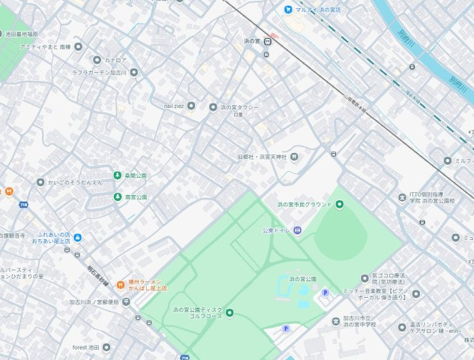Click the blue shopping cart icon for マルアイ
coord(287,9)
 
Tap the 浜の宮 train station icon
coord(267,41)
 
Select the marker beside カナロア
coord(96,59)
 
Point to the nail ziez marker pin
coord(190,106)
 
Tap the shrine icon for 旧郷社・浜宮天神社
coord(294,157)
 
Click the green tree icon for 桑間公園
coord(117,175)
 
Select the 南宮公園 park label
coord(136,196)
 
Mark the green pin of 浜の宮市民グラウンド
coord(339,204)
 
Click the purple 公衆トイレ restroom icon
coord(297,230)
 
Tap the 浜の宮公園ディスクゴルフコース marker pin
coord(229,313)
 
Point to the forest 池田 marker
coord(106,347)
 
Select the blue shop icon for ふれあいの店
coord(78,238)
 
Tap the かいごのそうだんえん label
coord(75,182)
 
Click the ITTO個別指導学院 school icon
coord(402,198)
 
